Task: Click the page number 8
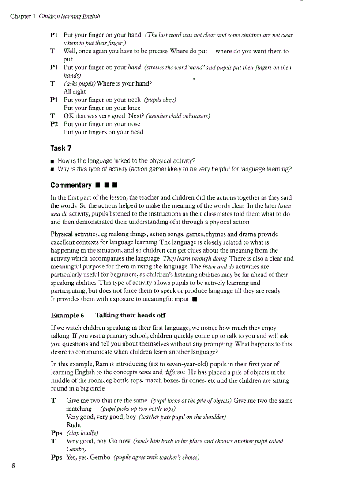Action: (14, 466)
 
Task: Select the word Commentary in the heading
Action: (71, 185)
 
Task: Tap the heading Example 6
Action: (67, 315)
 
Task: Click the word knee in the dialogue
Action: (134, 108)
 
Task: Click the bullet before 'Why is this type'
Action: (53, 169)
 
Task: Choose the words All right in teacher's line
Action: (75, 92)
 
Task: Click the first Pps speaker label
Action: (56, 433)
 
